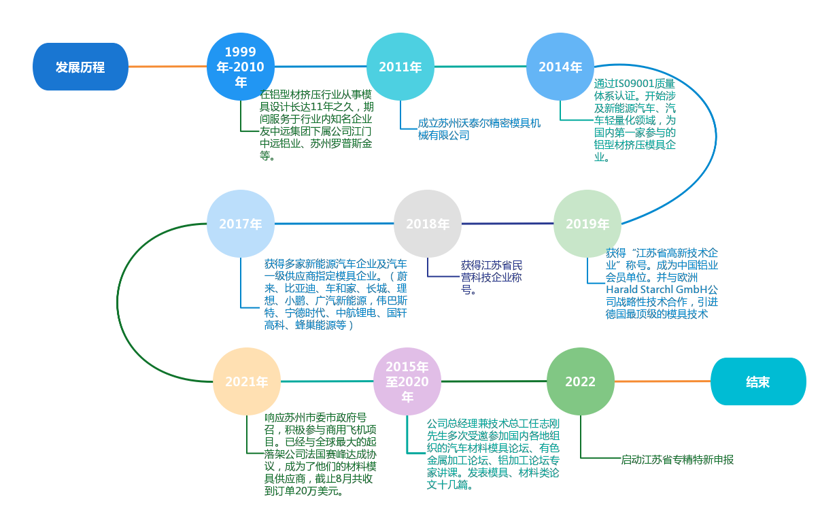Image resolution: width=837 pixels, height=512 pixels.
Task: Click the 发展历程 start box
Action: pos(80,67)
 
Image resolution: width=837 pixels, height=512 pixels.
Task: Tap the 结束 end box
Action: pos(758,381)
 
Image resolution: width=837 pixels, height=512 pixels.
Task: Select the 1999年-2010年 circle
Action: pos(241,67)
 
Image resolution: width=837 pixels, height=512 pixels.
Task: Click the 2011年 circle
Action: pos(400,67)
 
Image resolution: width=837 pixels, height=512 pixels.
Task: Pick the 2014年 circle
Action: pos(560,67)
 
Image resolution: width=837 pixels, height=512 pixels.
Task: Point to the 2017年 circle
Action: pos(241,224)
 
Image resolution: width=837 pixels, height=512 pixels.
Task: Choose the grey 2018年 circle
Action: pos(428,224)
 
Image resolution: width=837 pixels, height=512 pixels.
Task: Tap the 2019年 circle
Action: pos(587,224)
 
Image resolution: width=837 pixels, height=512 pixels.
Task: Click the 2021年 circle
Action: pos(247,381)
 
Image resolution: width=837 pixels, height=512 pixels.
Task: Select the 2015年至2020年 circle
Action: pos(407,381)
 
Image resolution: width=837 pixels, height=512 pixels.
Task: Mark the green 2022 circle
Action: pos(581,381)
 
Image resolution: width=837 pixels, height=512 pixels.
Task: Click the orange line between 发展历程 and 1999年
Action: pos(167,67)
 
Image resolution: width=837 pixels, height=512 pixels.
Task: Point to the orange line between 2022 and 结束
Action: pos(662,381)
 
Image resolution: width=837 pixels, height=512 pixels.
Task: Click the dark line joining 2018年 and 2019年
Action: pos(507,224)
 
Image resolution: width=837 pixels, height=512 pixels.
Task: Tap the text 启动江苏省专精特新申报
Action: pos(677,460)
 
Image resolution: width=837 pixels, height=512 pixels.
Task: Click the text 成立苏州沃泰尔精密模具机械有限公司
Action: pos(479,129)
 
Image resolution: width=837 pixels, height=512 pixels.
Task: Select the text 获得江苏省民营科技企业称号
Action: pos(492,277)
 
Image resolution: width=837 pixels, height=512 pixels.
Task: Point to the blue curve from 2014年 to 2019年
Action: pos(716,136)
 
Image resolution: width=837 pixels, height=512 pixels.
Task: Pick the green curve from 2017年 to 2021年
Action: pos(118,303)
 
